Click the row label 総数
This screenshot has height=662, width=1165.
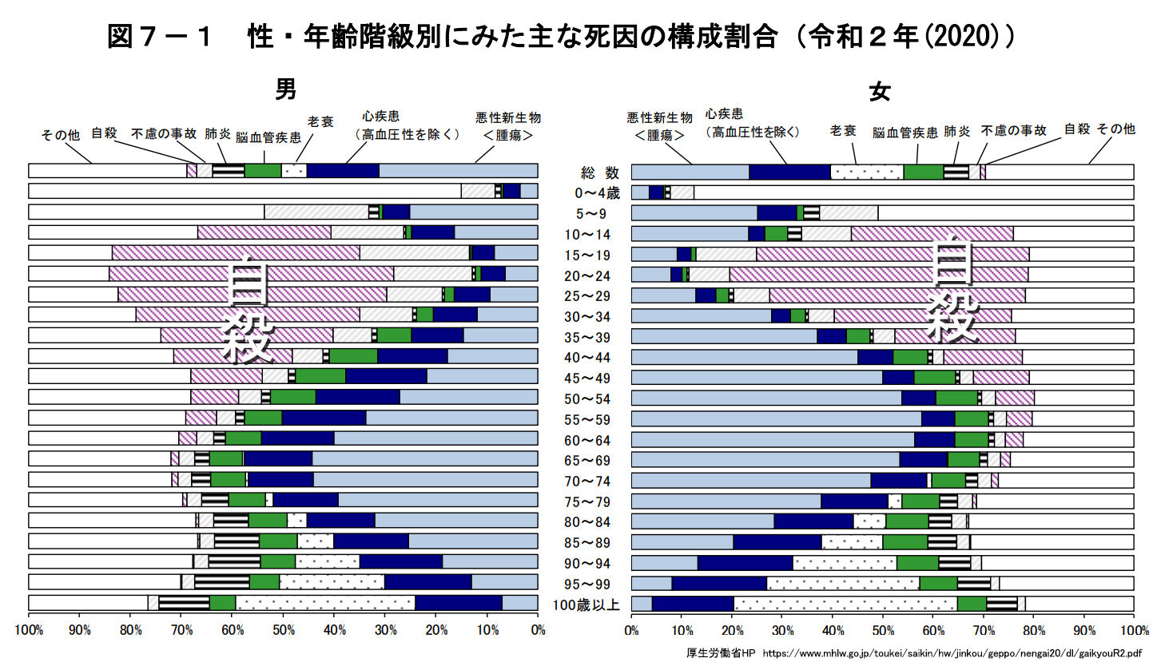599,172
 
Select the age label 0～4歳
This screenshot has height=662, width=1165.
597,193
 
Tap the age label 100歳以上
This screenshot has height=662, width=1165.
586,605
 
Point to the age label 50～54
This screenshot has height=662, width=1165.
587,399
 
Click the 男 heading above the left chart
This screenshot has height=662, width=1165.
285,89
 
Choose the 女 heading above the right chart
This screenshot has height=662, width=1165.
880,92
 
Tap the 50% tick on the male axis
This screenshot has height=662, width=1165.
284,630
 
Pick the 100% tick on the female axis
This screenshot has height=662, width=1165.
1135,630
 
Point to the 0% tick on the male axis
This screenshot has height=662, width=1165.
538,630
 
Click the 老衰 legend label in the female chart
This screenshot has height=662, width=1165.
842,130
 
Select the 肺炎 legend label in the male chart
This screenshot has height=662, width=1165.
217,133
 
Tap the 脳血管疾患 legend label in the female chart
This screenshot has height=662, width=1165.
905,133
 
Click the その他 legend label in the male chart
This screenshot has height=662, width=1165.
61,135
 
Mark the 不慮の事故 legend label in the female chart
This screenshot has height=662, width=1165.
1014,130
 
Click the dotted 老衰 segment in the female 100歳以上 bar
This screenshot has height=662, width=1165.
845,604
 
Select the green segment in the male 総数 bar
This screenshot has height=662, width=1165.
263,170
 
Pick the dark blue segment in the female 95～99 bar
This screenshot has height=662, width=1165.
719,584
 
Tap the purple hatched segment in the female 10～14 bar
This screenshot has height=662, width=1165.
932,234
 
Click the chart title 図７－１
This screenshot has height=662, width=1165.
160,38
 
